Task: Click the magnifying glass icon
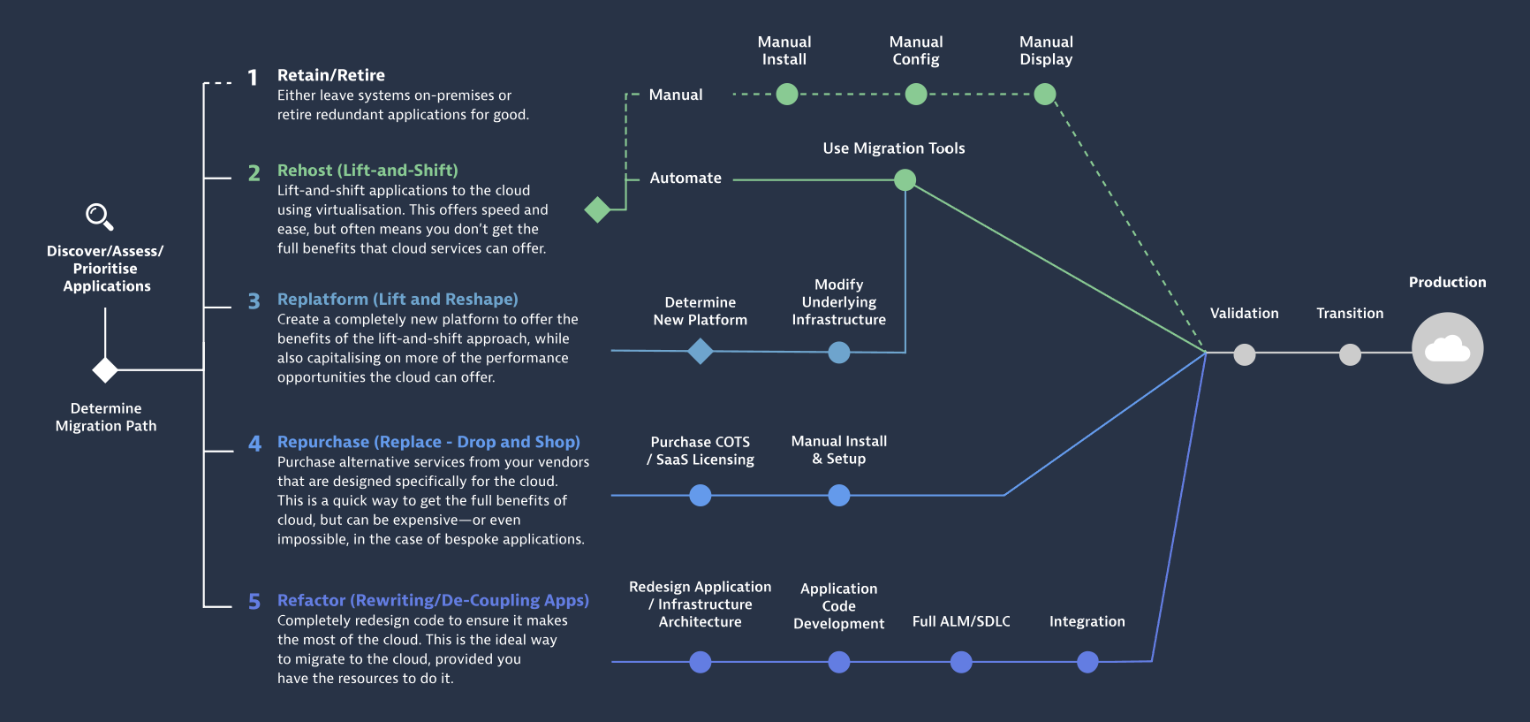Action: point(99,217)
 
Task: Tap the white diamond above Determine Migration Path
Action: point(105,369)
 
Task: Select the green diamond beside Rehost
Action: point(598,209)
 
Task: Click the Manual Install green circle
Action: point(786,94)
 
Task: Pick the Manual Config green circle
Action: point(916,94)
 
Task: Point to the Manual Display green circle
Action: point(1045,94)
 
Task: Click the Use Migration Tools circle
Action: point(905,180)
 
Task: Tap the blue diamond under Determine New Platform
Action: point(701,352)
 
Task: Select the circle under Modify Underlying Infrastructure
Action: point(839,353)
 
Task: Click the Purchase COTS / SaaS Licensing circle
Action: point(701,495)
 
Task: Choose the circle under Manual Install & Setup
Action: point(839,495)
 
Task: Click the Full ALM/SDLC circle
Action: point(961,662)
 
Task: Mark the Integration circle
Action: point(1087,662)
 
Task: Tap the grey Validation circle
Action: point(1245,354)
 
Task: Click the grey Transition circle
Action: point(1350,354)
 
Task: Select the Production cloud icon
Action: point(1447,348)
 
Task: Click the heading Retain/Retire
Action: point(331,75)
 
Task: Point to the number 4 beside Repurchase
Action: point(254,444)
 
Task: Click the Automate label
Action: point(685,178)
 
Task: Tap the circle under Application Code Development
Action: point(839,662)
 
